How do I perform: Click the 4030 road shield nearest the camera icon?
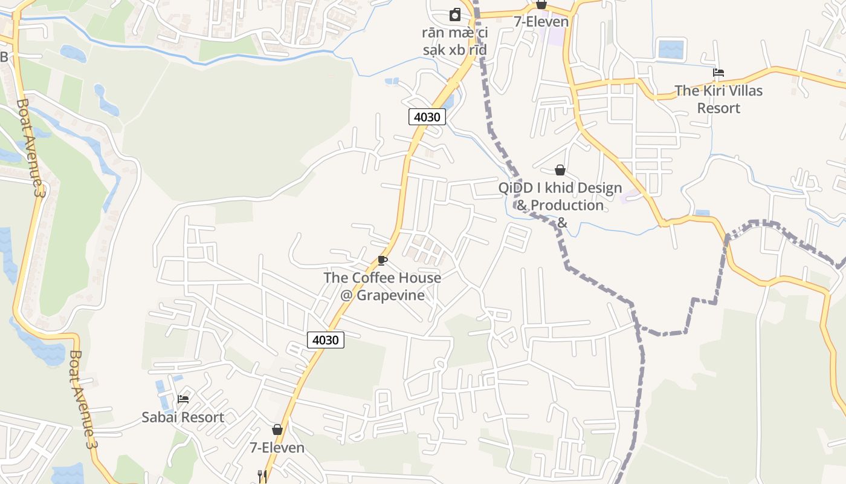[x=427, y=117]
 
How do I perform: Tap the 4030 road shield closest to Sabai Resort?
[x=326, y=340]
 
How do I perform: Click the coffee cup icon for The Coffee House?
[x=382, y=260]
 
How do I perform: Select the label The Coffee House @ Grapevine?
[x=382, y=286]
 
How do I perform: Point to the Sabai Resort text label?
[x=182, y=417]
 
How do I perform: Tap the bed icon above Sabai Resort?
[x=183, y=399]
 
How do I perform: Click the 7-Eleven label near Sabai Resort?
[x=277, y=448]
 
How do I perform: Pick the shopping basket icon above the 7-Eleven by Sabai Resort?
[x=277, y=430]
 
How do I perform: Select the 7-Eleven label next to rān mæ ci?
[x=541, y=22]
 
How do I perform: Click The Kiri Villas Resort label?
[x=718, y=99]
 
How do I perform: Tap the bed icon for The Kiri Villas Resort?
[x=718, y=73]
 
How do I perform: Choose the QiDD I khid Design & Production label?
[x=560, y=197]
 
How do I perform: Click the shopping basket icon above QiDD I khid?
[x=560, y=170]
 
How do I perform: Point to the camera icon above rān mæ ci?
[x=455, y=15]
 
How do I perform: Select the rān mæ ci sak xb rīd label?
[x=455, y=41]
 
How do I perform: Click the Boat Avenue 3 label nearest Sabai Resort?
[x=83, y=399]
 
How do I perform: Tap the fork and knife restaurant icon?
[x=262, y=476]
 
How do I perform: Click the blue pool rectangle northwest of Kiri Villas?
[x=671, y=49]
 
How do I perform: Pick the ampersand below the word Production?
[x=561, y=223]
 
